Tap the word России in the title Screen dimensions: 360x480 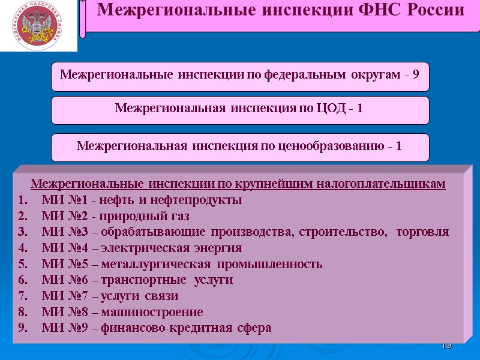tap(434, 10)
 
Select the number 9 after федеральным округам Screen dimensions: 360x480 tap(416, 75)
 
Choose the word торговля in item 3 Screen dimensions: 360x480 tap(422, 232)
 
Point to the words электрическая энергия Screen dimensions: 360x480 tap(172, 248)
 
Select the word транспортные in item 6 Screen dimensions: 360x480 tap(139, 280)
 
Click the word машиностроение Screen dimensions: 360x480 tap(152, 312)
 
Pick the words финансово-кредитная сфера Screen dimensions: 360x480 tap(187, 328)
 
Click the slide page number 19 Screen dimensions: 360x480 tap(446, 346)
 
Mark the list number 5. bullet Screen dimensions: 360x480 tap(23, 264)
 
